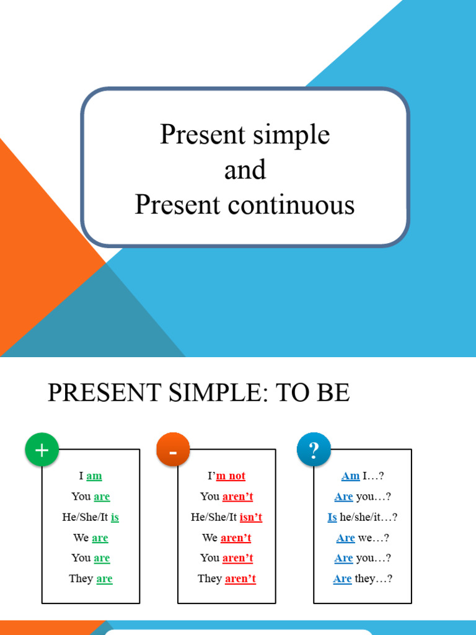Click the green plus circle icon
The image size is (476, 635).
click(x=42, y=450)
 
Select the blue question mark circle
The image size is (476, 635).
click(x=314, y=450)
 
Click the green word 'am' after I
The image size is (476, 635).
click(x=94, y=476)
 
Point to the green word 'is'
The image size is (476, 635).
click(x=115, y=517)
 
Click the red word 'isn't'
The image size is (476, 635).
click(x=251, y=517)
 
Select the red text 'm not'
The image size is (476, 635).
click(x=231, y=476)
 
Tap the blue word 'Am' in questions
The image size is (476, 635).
click(x=350, y=476)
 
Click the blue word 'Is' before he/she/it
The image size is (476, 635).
click(x=332, y=517)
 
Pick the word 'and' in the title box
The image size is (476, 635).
click(x=245, y=170)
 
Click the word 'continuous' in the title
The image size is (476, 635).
click(x=296, y=205)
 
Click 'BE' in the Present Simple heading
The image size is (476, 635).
click(x=333, y=393)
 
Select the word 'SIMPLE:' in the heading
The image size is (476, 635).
click(x=219, y=393)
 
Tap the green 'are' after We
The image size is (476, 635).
click(x=100, y=538)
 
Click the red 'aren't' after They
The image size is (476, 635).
click(x=240, y=579)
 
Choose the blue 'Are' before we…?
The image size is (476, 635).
click(x=346, y=538)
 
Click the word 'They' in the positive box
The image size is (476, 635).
click(x=81, y=579)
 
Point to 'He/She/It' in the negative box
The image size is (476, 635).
click(x=214, y=517)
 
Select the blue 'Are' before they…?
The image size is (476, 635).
click(x=342, y=579)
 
